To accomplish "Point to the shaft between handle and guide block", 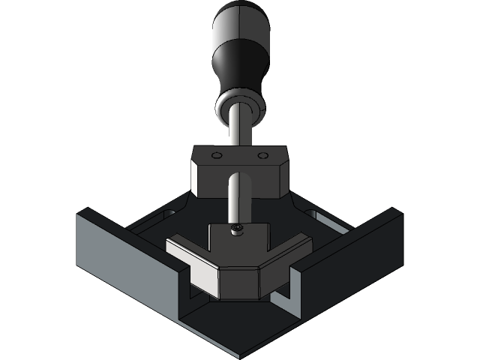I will coord(238,132).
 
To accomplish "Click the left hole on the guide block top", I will coord(216,157).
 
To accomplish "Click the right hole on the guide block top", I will coord(262,156).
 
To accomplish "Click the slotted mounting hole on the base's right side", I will coord(319,217).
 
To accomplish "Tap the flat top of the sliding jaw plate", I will coord(238,244).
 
